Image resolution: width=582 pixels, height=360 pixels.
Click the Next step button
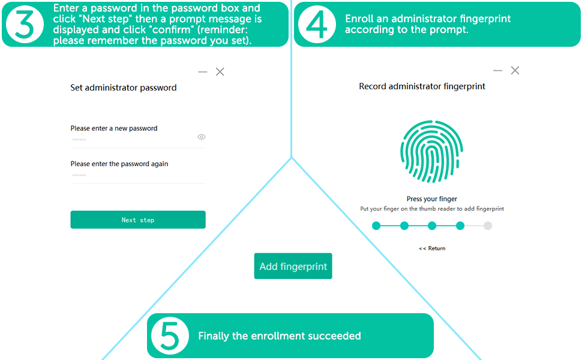coord(138,220)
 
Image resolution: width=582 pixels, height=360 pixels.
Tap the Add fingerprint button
coord(293,266)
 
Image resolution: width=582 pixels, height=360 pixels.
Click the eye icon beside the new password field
coord(202,137)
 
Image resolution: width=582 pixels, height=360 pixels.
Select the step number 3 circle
coord(25,24)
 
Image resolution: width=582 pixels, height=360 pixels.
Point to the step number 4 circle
coord(317,24)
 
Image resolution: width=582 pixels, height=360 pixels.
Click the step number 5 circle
coord(170,335)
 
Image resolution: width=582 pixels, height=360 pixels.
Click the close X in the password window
coord(220,72)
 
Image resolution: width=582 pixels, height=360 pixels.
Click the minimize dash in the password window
coord(203,72)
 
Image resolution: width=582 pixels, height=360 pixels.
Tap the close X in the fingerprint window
coord(515,70)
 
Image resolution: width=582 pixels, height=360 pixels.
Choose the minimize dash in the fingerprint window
coord(497,70)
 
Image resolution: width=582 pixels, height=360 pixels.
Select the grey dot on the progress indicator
coord(488,226)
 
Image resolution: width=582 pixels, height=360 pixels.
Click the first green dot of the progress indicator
coord(376,226)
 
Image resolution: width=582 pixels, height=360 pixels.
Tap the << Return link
coord(432,248)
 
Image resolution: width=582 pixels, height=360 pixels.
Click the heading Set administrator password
coord(124,88)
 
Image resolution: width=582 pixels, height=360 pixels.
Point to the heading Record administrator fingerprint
coord(422,86)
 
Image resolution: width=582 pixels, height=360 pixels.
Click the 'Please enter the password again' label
coord(119,164)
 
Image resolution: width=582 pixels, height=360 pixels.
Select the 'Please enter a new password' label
coord(114,128)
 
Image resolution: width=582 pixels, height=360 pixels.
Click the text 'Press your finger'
coord(432,199)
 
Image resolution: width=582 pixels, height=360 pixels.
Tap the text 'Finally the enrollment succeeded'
coord(280,336)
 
